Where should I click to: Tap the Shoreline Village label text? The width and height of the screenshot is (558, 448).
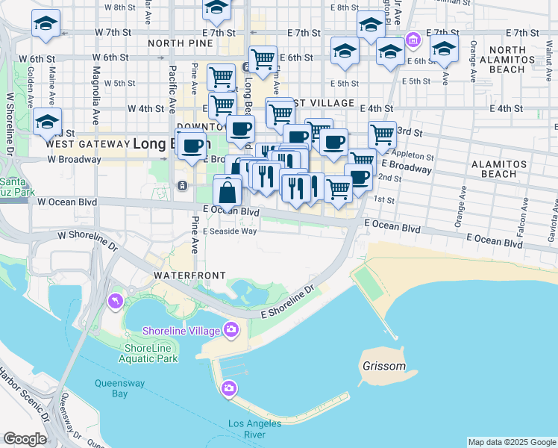click(x=182, y=331)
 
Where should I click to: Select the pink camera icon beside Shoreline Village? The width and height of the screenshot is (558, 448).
click(x=231, y=329)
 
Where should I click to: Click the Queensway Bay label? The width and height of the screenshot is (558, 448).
click(x=110, y=388)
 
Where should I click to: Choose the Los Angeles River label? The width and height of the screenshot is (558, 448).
click(x=254, y=429)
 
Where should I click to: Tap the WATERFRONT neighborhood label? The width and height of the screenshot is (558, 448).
click(x=189, y=276)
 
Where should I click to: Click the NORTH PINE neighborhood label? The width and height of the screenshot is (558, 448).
click(x=176, y=43)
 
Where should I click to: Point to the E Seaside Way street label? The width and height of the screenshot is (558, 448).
click(x=229, y=231)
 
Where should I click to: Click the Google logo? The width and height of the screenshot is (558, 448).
click(x=25, y=439)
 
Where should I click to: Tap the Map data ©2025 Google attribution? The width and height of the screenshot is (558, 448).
click(x=511, y=442)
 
